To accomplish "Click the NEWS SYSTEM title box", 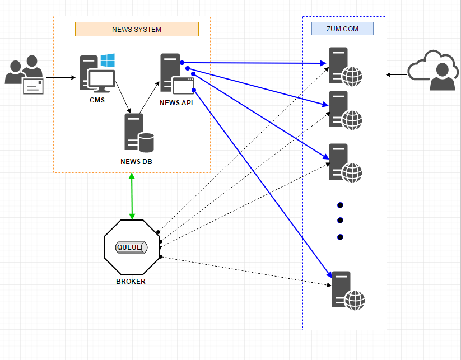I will coord(137,29).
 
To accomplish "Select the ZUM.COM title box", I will coord(342,29).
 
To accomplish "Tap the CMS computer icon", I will coord(96,74).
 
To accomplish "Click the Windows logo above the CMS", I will coord(108,60).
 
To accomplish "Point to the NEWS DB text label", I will coord(136,162).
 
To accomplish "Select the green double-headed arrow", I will coord(132,196).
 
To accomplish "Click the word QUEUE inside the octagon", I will coord(129,247).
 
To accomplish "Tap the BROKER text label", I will coord(131,282).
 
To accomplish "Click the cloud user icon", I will coord(434,70).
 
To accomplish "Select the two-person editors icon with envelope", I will coord(24,75).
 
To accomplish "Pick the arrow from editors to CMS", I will coord(60,77).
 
